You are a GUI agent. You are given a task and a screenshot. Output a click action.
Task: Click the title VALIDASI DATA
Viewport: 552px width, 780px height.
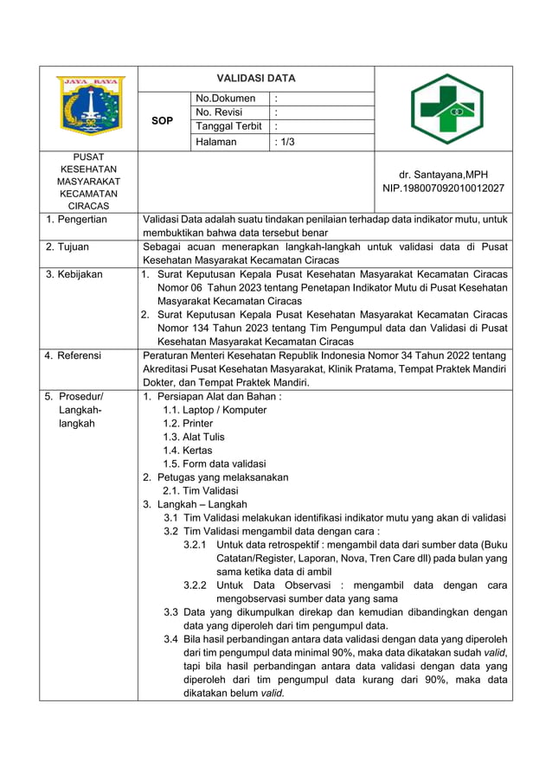pyautogui.click(x=255, y=78)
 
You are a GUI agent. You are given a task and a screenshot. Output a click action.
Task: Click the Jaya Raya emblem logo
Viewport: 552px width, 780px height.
pyautogui.click(x=90, y=108)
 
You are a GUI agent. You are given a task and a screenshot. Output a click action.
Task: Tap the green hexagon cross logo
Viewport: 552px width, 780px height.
pyautogui.click(x=446, y=108)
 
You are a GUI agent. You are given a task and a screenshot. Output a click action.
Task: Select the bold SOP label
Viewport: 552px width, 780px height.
pyautogui.click(x=162, y=121)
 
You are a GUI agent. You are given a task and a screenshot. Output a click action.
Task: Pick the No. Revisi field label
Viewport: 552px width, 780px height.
pyautogui.click(x=220, y=112)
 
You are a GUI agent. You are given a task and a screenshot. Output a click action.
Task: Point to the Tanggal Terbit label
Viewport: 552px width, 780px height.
pyautogui.click(x=228, y=126)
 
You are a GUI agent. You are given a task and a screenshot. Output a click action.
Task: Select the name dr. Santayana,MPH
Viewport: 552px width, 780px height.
pyautogui.click(x=444, y=174)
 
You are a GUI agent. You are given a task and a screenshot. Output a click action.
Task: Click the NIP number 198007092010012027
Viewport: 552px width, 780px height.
pyautogui.click(x=444, y=188)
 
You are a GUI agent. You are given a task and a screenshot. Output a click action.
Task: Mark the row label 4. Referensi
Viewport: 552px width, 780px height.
pyautogui.click(x=74, y=355)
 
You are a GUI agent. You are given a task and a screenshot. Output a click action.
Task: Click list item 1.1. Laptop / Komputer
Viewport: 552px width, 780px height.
pyautogui.click(x=215, y=410)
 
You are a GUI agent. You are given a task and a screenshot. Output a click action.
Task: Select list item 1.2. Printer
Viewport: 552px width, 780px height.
pyautogui.click(x=188, y=424)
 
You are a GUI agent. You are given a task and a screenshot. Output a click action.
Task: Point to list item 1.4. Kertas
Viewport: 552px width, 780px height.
pyautogui.click(x=187, y=451)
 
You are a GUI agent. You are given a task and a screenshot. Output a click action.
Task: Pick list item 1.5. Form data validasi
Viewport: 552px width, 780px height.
pyautogui.click(x=215, y=464)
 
